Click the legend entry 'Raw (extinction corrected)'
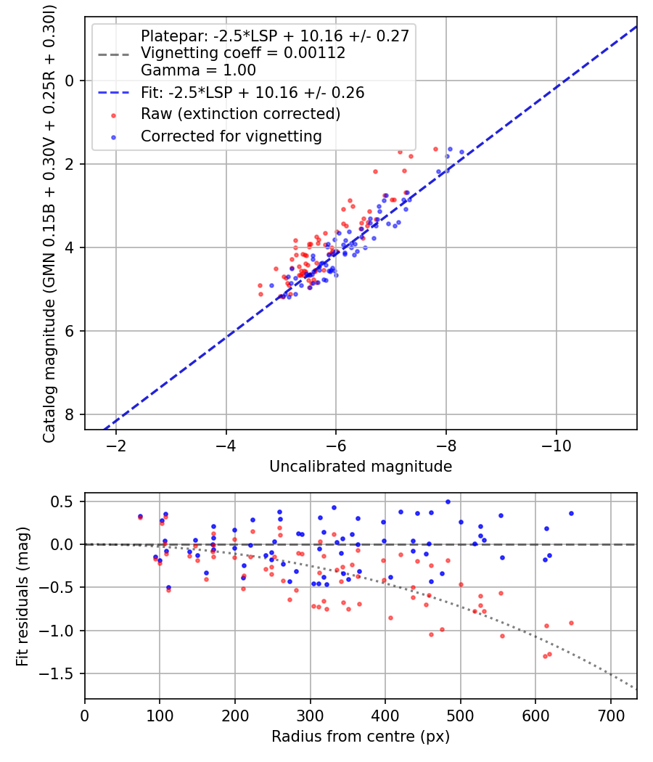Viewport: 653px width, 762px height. pos(240,115)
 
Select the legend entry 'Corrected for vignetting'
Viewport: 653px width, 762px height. pos(231,136)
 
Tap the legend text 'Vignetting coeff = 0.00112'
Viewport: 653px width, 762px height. pos(243,53)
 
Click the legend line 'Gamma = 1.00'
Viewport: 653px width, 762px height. pos(198,70)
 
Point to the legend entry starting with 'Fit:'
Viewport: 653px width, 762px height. pos(252,93)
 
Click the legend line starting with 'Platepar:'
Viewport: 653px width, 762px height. pos(276,36)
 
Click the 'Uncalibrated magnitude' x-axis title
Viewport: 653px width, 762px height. pos(361,467)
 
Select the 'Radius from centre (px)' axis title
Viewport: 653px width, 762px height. pos(361,737)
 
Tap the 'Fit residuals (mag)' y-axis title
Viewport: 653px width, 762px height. pos(22,596)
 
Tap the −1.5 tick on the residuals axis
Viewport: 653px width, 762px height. pos(62,673)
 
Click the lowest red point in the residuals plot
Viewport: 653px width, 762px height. pos(545,656)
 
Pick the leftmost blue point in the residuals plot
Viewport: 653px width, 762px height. pos(140,517)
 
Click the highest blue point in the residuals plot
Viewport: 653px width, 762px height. pos(448,501)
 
